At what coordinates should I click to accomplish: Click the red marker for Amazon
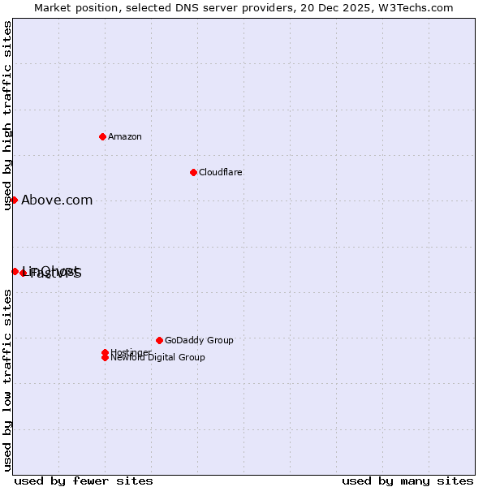pyautogui.click(x=102, y=136)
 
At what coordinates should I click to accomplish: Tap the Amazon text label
pyautogui.click(x=124, y=136)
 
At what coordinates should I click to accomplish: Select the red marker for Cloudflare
pyautogui.click(x=193, y=172)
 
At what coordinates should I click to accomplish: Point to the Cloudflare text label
pyautogui.click(x=220, y=172)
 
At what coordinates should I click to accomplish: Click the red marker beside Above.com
pyautogui.click(x=14, y=200)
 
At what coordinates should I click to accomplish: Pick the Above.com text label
pyautogui.click(x=57, y=200)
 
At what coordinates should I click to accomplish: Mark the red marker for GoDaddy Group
pyautogui.click(x=159, y=340)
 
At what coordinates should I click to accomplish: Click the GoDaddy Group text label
pyautogui.click(x=199, y=340)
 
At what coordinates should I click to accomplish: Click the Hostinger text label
pyautogui.click(x=130, y=352)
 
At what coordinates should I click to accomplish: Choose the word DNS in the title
pyautogui.click(x=179, y=7)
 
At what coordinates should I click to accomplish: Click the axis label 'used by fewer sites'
pyautogui.click(x=84, y=481)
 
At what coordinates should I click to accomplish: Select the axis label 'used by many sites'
pyautogui.click(x=407, y=481)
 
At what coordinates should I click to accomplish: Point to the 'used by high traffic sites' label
pyautogui.click(x=7, y=116)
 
